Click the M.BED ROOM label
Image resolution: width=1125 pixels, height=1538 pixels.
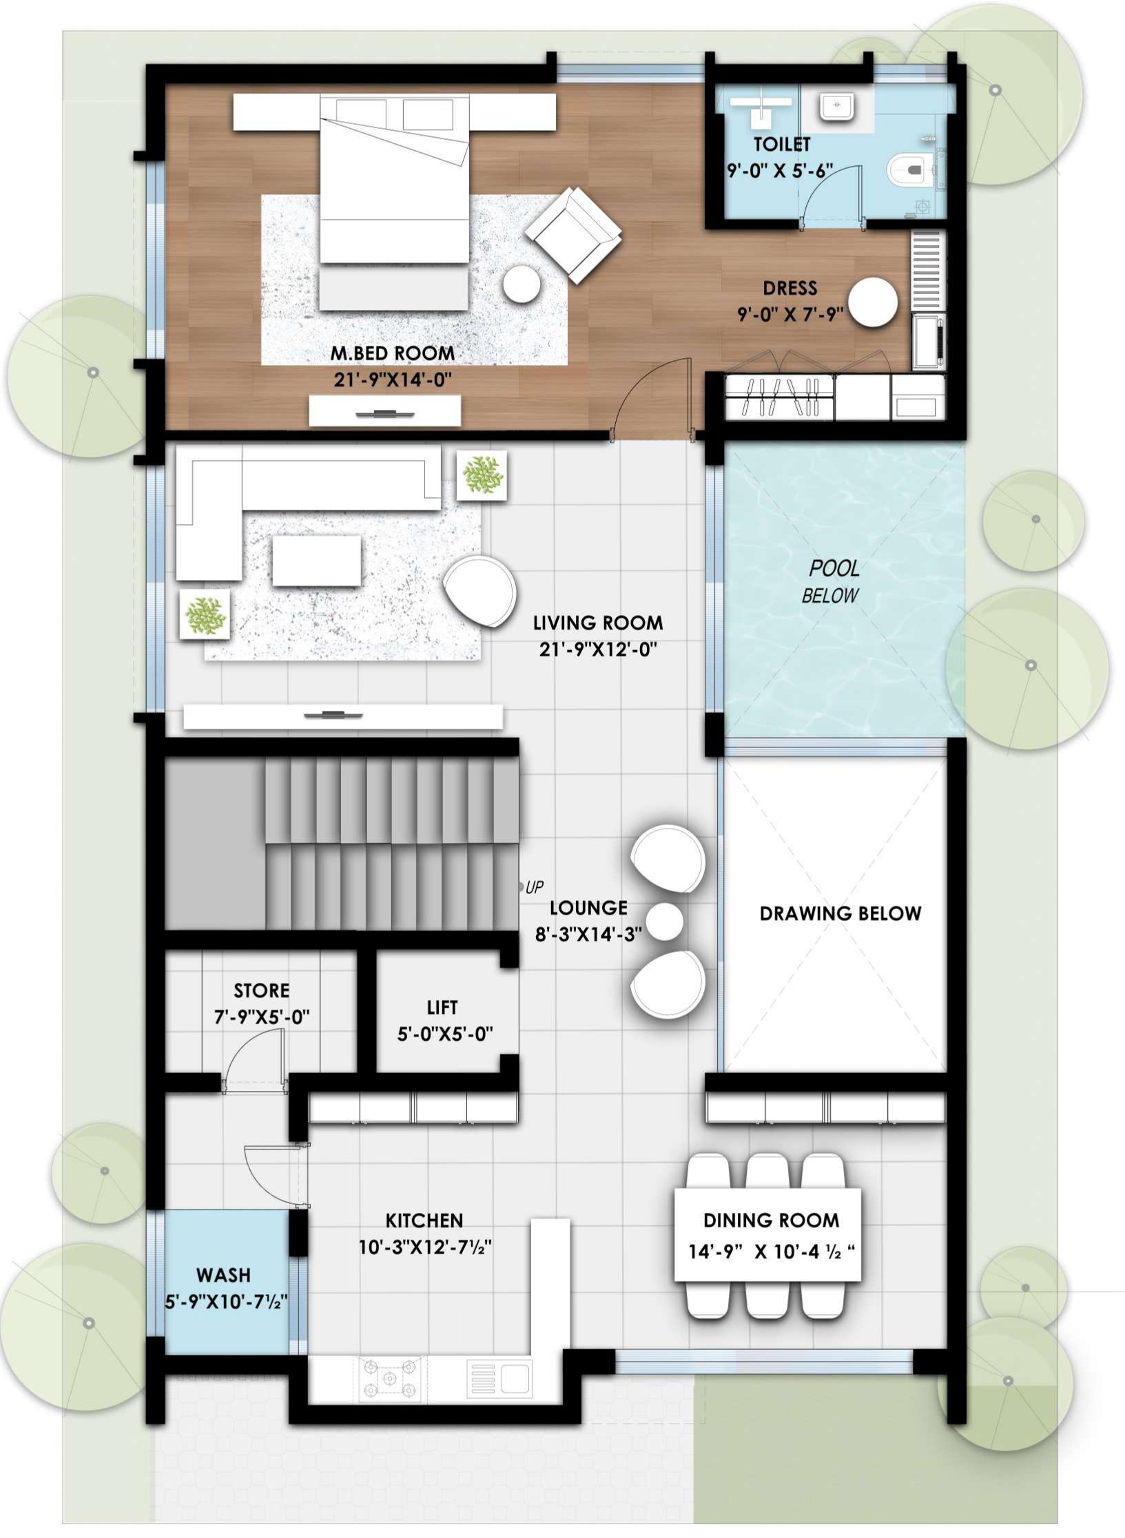click(x=393, y=353)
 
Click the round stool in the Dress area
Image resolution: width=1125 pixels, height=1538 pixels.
click(x=872, y=302)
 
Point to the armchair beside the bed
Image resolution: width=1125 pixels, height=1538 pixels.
click(x=573, y=235)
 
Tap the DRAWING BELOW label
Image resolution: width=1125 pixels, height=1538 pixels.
click(x=840, y=913)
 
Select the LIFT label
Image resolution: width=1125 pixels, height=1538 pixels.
click(x=442, y=1008)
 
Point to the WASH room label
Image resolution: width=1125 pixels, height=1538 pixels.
click(x=223, y=1275)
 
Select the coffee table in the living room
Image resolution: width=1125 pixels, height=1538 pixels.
click(x=316, y=561)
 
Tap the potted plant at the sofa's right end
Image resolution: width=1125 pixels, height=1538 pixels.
click(x=482, y=475)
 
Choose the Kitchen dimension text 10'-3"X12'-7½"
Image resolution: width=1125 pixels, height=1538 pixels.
click(x=424, y=1247)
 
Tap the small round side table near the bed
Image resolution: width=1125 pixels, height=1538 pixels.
click(x=521, y=283)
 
